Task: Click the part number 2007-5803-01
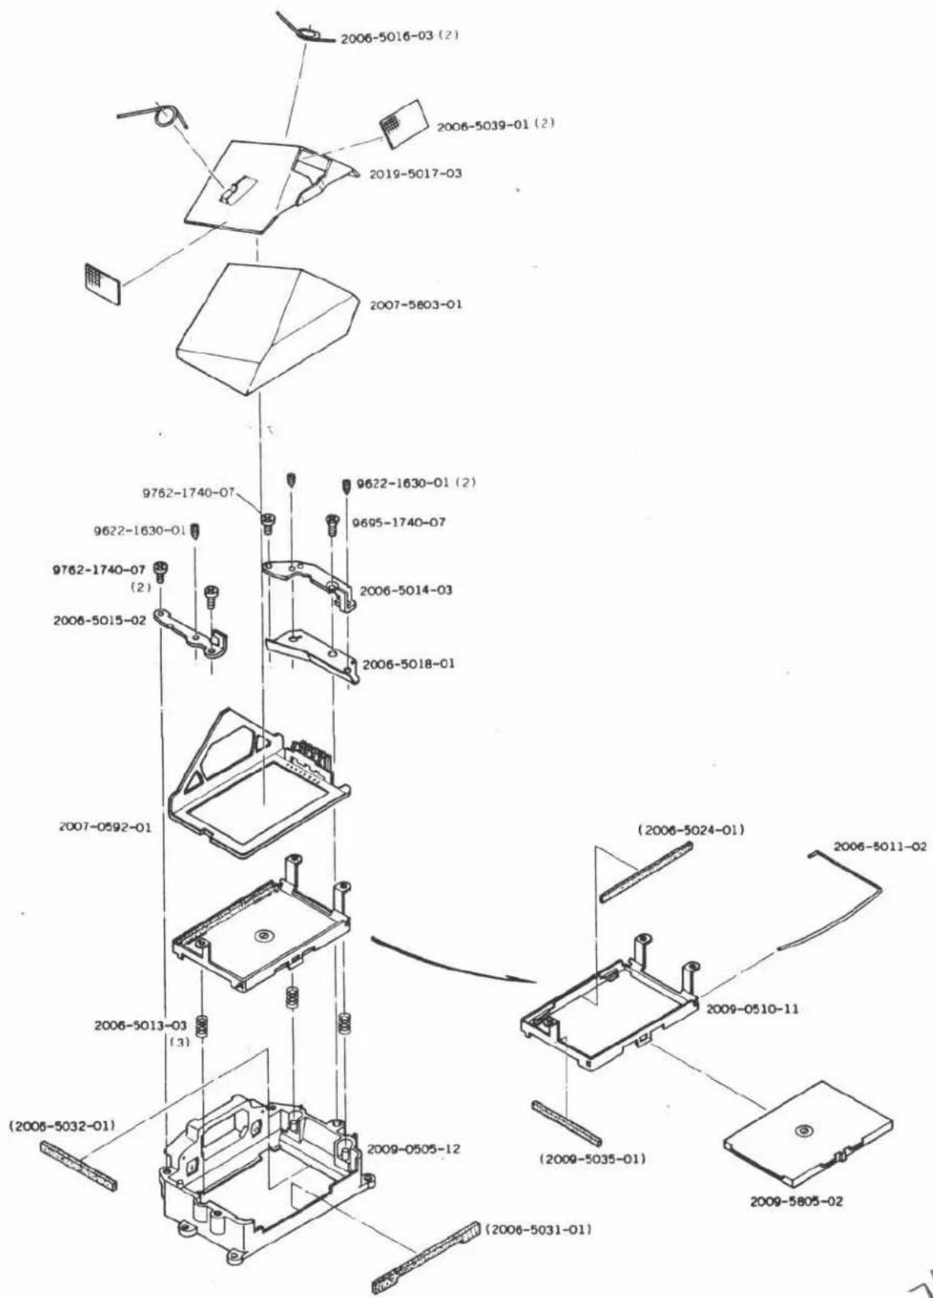pos(416,305)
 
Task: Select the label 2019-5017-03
pos(416,173)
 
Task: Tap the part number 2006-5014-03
pos(406,590)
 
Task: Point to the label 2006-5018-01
pos(408,664)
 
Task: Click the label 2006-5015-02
pos(100,620)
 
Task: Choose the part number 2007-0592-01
pos(105,828)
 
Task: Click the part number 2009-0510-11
pos(752,1009)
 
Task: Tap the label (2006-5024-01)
pos(691,830)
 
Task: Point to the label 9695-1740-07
pos(399,522)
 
